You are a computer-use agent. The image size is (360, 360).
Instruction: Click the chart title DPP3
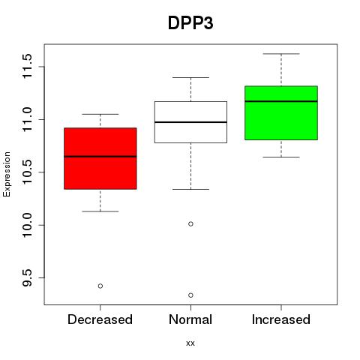pyautogui.click(x=190, y=23)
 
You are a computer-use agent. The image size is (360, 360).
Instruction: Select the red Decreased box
pyautogui.click(x=100, y=158)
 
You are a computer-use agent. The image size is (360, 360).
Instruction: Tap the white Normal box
pyautogui.click(x=190, y=122)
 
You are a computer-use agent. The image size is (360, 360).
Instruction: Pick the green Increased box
pyautogui.click(x=281, y=112)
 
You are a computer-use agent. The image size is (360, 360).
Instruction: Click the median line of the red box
pyautogui.click(x=100, y=157)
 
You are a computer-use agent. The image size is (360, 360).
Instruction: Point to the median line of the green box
pyautogui.click(x=281, y=101)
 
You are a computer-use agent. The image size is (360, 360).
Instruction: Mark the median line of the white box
pyautogui.click(x=190, y=122)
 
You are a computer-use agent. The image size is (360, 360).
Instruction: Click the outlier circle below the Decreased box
pyautogui.click(x=100, y=286)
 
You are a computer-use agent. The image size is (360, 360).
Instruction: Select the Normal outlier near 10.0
pyautogui.click(x=190, y=223)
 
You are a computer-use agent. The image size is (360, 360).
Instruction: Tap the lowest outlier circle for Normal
pyautogui.click(x=190, y=295)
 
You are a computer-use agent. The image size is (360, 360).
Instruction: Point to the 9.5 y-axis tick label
pyautogui.click(x=27, y=277)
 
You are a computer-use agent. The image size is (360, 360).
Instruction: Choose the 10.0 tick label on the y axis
pyautogui.click(x=27, y=225)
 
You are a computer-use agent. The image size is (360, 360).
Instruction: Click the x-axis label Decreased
pyautogui.click(x=100, y=319)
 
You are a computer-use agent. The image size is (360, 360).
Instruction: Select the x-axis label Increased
pyautogui.click(x=281, y=319)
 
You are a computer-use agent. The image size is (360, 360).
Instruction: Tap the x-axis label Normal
pyautogui.click(x=190, y=319)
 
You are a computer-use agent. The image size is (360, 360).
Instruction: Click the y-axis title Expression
pyautogui.click(x=7, y=174)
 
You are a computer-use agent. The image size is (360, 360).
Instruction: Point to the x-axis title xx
pyautogui.click(x=190, y=343)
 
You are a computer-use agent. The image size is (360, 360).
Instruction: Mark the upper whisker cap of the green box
pyautogui.click(x=281, y=54)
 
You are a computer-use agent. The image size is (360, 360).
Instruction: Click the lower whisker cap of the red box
pyautogui.click(x=100, y=211)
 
